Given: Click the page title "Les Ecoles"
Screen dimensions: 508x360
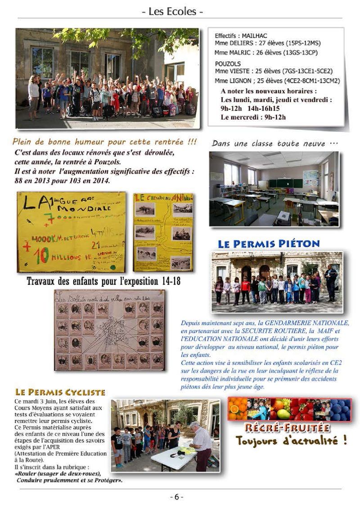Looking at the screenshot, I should pos(175,11).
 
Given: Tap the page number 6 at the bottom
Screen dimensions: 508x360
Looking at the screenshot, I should pos(176,497).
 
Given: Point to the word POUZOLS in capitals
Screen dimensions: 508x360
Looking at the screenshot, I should pos(228,63).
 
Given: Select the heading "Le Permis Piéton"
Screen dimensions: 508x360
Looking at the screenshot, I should pos(269,244).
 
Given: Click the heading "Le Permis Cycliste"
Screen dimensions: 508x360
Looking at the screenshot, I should pos(60,392).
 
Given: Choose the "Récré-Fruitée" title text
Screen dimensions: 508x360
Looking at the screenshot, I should pos(287,428).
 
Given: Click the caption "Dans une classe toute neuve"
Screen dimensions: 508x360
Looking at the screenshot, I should pos(274,143).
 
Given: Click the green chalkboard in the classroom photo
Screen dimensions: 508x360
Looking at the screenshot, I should pos(285,183).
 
